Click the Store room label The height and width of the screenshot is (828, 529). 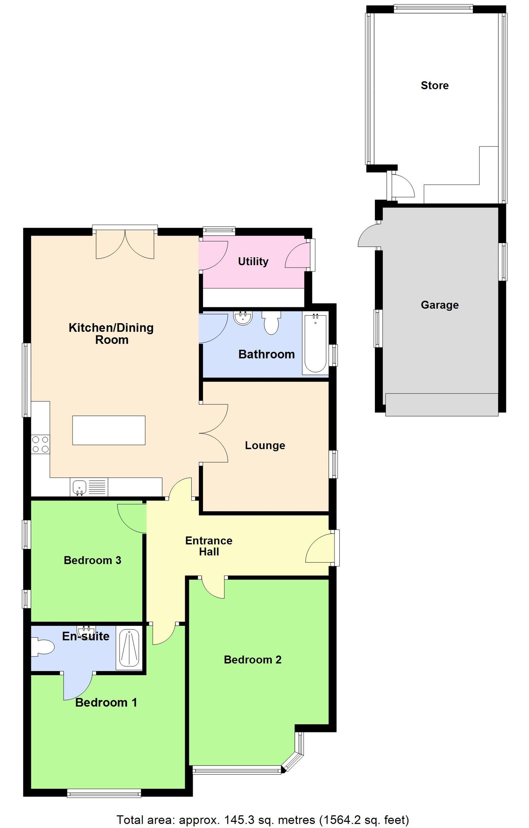click(435, 85)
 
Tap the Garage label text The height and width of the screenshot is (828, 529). click(439, 305)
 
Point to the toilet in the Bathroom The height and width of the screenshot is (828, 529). click(271, 323)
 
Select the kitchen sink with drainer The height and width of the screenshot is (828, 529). click(89, 487)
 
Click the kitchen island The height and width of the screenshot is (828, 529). click(109, 430)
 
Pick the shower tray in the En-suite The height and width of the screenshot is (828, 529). click(129, 648)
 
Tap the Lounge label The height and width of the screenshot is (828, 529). click(265, 446)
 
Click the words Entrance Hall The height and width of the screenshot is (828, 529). click(209, 546)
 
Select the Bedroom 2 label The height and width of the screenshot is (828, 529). click(253, 660)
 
